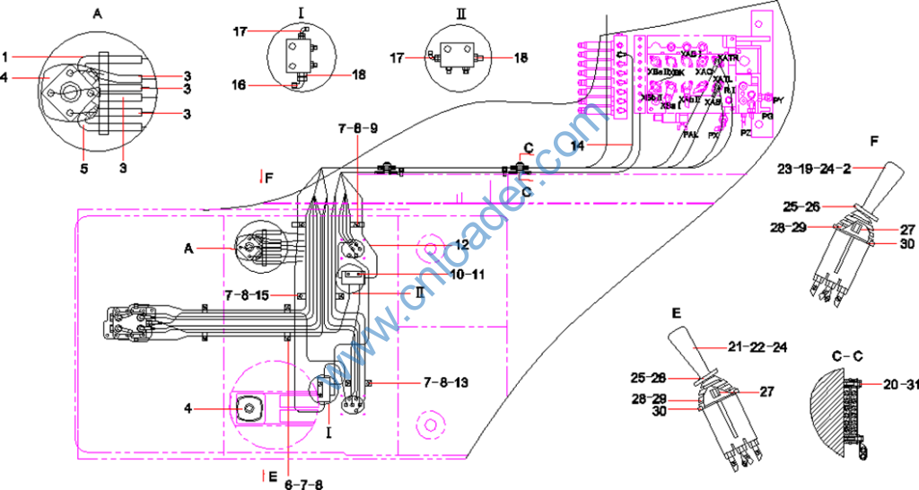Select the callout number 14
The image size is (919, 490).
click(x=585, y=144)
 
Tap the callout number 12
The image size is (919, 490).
click(x=463, y=244)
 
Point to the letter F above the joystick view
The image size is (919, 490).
click(x=874, y=140)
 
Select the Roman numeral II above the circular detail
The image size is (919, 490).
click(x=460, y=15)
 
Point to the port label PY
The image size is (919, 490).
click(x=777, y=100)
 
